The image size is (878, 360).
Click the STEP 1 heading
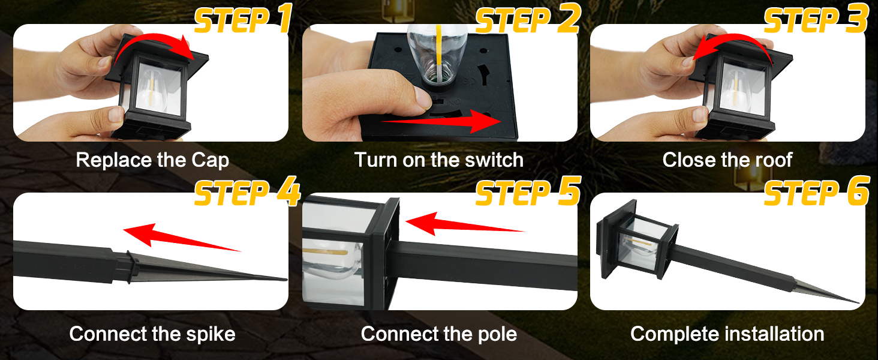[x=242, y=20]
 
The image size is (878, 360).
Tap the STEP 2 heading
[x=528, y=20]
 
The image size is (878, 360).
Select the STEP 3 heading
[x=816, y=20]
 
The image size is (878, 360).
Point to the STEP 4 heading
[x=247, y=193]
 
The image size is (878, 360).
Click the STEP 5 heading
[x=528, y=193]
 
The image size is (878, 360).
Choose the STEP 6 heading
[x=816, y=193]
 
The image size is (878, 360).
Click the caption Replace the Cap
[x=152, y=160]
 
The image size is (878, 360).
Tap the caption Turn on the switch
[x=438, y=160]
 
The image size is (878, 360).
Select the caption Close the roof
[x=727, y=160]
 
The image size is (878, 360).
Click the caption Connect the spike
[x=152, y=334]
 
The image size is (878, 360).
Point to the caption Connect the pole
[x=438, y=334]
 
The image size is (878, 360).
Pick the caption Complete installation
[x=727, y=334]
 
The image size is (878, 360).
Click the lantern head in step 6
[x=639, y=241]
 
